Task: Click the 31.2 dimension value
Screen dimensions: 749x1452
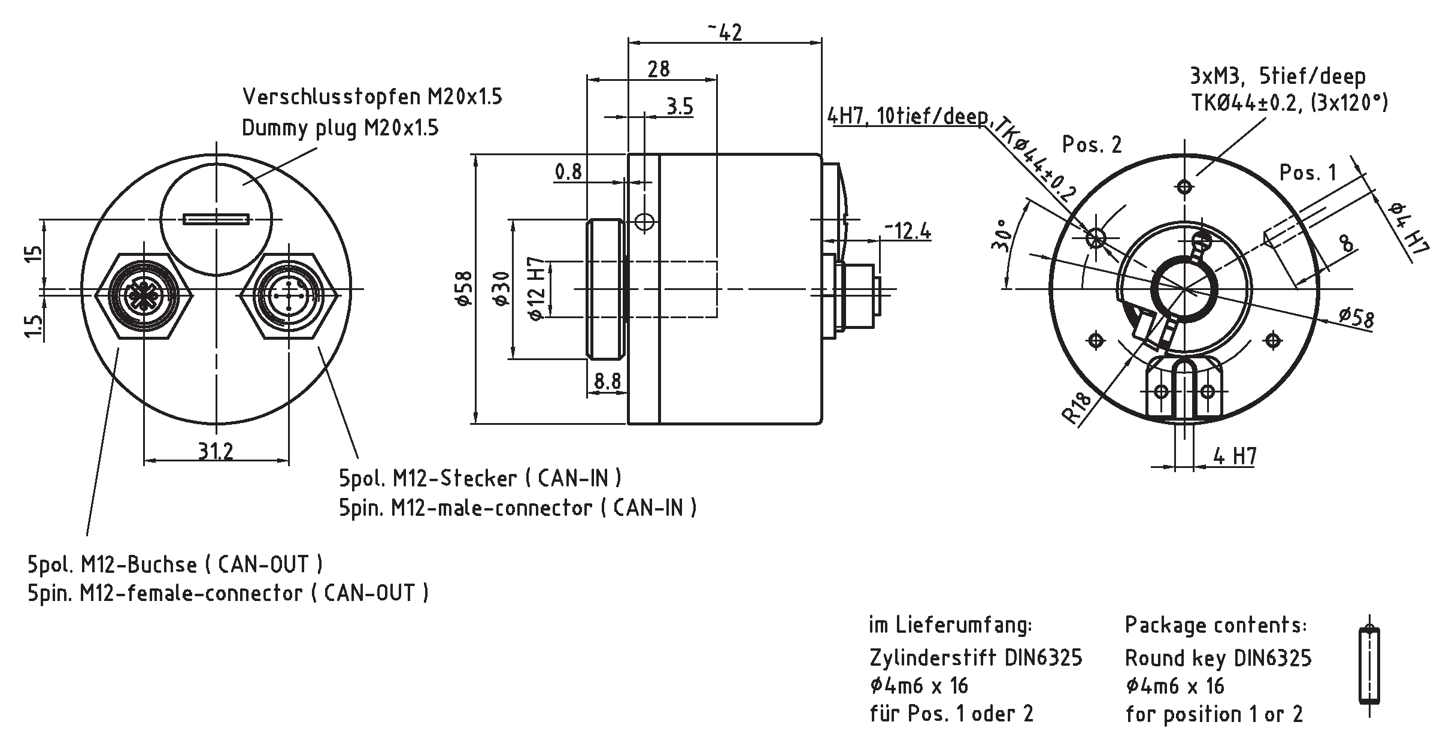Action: click(216, 450)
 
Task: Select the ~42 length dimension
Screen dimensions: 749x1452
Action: click(725, 32)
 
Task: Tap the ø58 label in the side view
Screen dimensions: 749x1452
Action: click(464, 289)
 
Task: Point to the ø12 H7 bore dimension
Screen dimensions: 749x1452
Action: click(537, 289)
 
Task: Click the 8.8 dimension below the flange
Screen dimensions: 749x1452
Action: click(607, 382)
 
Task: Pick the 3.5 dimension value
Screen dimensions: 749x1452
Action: click(680, 107)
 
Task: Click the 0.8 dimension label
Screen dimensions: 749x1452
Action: click(568, 172)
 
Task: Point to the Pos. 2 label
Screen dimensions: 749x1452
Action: click(1092, 144)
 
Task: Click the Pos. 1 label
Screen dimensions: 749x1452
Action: click(1308, 173)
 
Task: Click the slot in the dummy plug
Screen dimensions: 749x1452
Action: click(216, 219)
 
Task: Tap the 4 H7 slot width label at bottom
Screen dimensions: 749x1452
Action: click(1234, 457)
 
